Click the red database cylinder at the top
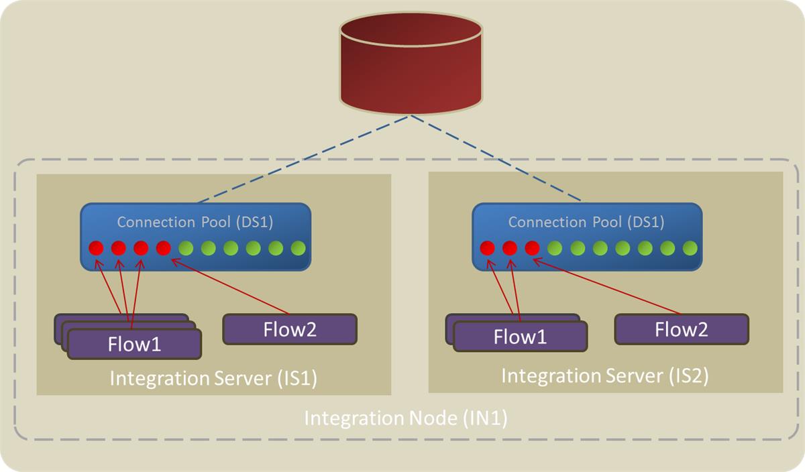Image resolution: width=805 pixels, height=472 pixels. tap(411, 67)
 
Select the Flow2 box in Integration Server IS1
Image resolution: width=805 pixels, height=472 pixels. tap(290, 329)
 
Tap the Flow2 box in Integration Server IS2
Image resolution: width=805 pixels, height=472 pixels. tap(682, 329)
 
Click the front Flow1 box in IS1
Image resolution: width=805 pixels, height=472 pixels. tap(135, 344)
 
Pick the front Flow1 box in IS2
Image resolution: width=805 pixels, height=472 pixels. tap(521, 337)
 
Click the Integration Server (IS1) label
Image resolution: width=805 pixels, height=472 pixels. tap(213, 379)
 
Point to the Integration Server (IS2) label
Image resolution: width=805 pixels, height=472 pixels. tap(605, 375)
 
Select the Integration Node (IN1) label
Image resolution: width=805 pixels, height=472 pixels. tap(406, 418)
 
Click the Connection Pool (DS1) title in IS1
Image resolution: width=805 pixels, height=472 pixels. tap(195, 222)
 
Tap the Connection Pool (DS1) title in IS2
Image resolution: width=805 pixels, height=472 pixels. tap(586, 222)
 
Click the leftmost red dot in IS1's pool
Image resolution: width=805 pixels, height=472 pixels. tap(96, 248)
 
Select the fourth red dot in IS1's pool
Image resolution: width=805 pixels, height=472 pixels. tap(163, 248)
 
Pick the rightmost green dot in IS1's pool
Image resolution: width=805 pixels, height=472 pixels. tap(299, 248)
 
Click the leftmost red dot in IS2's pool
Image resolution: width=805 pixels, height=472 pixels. tap(488, 248)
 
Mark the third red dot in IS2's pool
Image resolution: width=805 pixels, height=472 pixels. tap(533, 248)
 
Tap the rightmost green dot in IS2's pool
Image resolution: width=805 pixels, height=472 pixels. tap(690, 248)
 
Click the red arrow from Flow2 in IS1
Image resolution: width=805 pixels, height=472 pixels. tap(231, 287)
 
